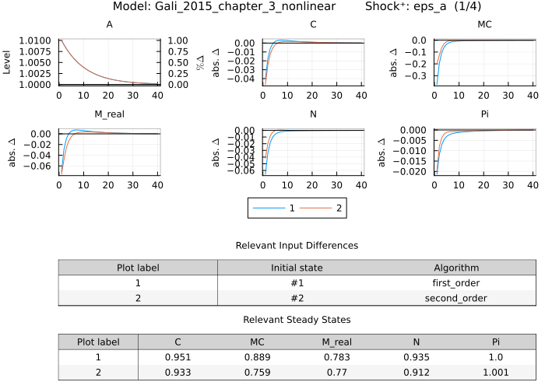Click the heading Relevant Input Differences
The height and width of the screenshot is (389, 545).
click(x=297, y=245)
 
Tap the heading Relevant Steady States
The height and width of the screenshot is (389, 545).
click(x=297, y=320)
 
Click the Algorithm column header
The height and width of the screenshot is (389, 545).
click(x=457, y=268)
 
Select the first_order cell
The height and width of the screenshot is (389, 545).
click(x=457, y=283)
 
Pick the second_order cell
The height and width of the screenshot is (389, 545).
click(x=457, y=298)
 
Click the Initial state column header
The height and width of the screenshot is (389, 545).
click(x=297, y=268)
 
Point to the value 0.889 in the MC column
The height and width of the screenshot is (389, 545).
click(x=257, y=357)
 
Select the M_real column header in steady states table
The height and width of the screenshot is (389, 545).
click(x=337, y=342)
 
